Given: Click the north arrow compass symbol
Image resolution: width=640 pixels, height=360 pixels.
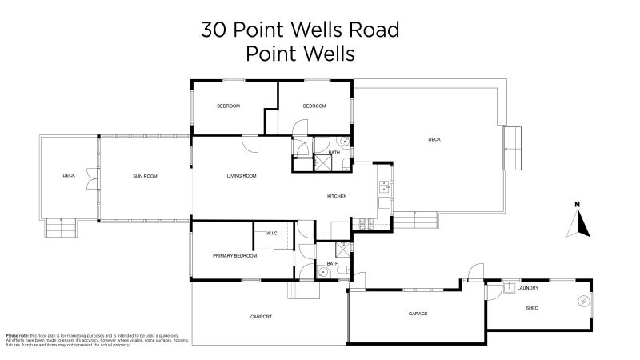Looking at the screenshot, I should (x=578, y=222).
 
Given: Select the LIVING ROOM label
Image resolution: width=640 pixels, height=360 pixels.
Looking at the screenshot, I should (x=241, y=175).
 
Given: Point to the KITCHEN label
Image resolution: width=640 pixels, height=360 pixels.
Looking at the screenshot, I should (x=337, y=196).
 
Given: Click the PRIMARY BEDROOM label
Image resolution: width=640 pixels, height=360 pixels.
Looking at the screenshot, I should (x=234, y=255).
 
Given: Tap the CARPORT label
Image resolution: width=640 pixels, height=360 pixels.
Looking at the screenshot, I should (x=262, y=317).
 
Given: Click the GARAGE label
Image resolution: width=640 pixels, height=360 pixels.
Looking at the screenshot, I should (x=418, y=314).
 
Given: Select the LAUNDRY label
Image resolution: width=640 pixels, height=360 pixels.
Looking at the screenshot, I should (x=528, y=288).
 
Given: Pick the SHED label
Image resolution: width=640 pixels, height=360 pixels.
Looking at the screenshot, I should (x=531, y=308).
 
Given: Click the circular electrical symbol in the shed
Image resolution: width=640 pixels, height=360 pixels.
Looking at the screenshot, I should (x=583, y=301).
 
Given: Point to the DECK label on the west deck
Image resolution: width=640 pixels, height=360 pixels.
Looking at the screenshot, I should (x=69, y=175).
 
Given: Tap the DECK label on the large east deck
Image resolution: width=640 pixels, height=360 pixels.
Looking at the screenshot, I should (x=434, y=139).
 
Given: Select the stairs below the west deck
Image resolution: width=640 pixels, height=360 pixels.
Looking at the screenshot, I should (x=61, y=229).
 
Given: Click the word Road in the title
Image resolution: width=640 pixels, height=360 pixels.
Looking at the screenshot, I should (x=373, y=30).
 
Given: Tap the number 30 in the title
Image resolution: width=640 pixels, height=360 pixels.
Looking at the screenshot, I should (x=213, y=30).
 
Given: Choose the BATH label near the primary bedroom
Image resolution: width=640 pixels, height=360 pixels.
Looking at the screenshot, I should (x=334, y=262).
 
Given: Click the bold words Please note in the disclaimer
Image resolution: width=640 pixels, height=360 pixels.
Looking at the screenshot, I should (x=17, y=336).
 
